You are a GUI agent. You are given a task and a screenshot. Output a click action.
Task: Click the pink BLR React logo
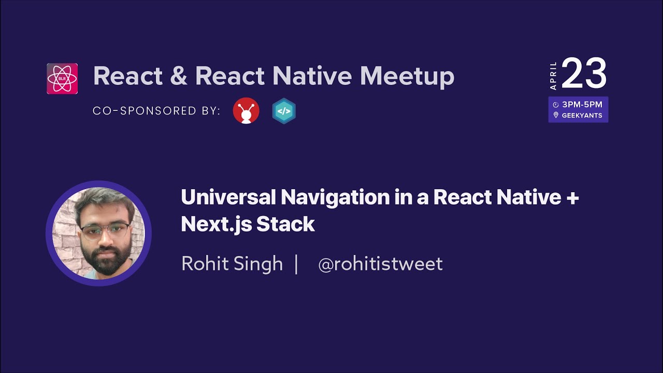tap(62, 79)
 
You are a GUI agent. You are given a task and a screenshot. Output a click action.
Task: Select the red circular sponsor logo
tap(246, 111)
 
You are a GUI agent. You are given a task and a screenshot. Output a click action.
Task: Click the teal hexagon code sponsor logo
tap(284, 111)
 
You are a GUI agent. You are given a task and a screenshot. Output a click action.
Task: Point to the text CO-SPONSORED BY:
tap(156, 111)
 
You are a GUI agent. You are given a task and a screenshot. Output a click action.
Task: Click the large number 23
tap(584, 74)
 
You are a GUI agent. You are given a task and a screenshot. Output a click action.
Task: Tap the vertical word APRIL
tap(553, 76)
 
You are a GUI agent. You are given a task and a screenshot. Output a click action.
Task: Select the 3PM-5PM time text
tap(582, 105)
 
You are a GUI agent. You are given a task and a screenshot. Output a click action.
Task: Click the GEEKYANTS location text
tap(582, 116)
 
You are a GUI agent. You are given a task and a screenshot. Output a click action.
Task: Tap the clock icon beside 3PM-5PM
tap(556, 105)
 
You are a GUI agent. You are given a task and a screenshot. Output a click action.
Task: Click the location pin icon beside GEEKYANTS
tap(556, 115)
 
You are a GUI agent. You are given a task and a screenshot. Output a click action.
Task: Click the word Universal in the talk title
tap(228, 197)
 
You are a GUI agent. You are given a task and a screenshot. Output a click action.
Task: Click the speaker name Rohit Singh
tap(232, 264)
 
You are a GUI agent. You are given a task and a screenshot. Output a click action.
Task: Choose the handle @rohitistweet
tap(380, 264)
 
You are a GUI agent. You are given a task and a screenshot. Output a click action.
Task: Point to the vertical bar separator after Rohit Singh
tap(296, 264)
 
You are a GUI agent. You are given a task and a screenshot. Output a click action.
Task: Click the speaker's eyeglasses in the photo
tap(105, 229)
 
